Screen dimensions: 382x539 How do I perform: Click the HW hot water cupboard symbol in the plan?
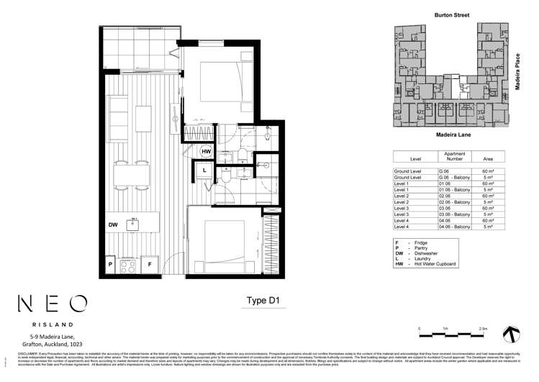[x=206, y=151]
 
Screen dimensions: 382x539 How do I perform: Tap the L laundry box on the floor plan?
[x=205, y=170]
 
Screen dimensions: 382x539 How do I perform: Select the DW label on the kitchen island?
[x=113, y=225]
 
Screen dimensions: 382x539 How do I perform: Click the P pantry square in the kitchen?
[x=110, y=265]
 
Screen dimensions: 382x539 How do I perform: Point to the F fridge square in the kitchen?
[x=149, y=265]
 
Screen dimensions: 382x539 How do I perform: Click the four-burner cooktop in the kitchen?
[x=130, y=265]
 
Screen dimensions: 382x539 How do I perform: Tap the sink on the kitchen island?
[x=134, y=224]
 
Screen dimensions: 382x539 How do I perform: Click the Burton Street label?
[x=449, y=14]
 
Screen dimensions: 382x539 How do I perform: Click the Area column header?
[x=488, y=159]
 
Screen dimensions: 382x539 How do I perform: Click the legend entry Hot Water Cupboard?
[x=435, y=264]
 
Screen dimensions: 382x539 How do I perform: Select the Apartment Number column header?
[x=455, y=156]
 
